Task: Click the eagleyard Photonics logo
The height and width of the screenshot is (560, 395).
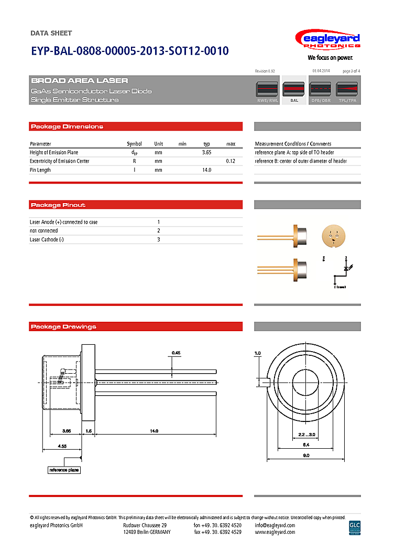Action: [327, 42]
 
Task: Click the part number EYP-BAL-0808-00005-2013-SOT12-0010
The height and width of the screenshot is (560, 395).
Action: [130, 51]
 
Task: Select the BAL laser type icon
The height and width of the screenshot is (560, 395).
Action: [294, 90]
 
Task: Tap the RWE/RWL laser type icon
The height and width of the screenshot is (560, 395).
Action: [267, 90]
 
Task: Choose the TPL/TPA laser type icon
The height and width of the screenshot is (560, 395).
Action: [347, 90]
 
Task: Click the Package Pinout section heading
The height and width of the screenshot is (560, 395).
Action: [58, 205]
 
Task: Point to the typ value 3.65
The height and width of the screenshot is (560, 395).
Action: [206, 152]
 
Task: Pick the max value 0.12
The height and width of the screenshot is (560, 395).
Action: [231, 161]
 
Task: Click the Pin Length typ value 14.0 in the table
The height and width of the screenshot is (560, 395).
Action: [206, 170]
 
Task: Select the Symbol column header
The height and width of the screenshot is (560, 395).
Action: [134, 144]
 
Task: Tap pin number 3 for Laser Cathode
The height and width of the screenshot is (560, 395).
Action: [159, 240]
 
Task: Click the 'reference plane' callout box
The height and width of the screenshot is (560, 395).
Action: [64, 470]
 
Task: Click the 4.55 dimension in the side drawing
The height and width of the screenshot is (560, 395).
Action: [61, 446]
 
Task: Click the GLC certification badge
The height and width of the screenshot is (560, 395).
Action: [355, 527]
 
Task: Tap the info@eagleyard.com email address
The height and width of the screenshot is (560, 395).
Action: [275, 525]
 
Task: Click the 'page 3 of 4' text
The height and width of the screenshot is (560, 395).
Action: [351, 71]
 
